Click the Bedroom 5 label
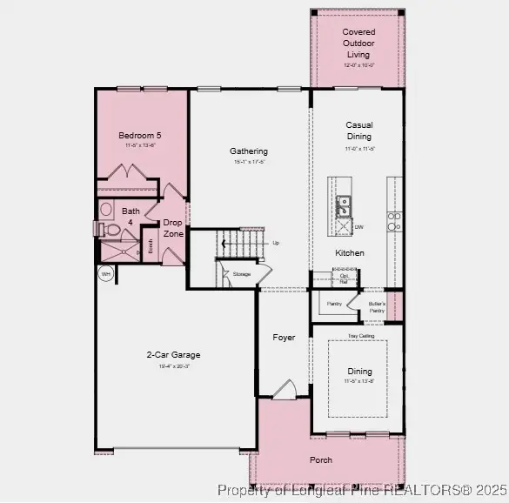click(140, 136)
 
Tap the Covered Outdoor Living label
click(358, 43)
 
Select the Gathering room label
click(249, 151)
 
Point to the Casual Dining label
click(358, 131)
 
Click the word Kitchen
click(350, 253)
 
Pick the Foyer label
click(284, 338)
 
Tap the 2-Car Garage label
click(173, 354)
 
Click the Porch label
click(321, 459)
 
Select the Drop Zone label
click(173, 229)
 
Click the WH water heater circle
click(106, 274)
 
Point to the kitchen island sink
click(344, 206)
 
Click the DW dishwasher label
click(358, 227)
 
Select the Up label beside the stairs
click(276, 243)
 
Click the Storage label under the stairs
click(241, 274)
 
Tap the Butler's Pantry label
click(377, 307)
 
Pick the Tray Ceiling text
click(360, 335)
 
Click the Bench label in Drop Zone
click(151, 246)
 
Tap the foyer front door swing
click(284, 390)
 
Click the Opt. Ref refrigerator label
click(344, 279)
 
